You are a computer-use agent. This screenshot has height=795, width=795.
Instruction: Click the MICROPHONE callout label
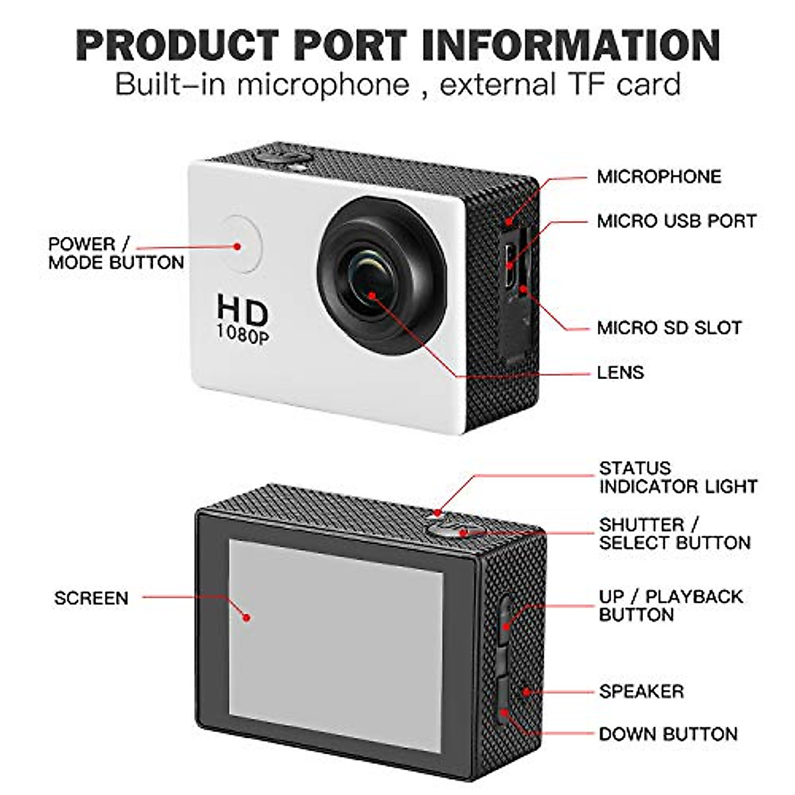coord(659,177)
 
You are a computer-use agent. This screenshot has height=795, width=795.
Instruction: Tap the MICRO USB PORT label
coord(676,221)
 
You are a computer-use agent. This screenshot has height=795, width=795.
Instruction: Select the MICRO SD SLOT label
coord(669,327)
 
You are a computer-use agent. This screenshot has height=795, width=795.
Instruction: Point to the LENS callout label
coord(620,372)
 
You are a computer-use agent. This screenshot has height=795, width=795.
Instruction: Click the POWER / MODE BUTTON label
coord(116,253)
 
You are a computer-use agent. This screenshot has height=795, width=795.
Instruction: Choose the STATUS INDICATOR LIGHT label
coord(678,477)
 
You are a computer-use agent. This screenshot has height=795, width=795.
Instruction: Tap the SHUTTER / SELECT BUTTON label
coord(674,534)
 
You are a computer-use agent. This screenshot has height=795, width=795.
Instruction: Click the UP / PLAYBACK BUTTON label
coord(670,606)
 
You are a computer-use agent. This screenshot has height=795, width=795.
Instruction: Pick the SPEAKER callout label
coord(641,692)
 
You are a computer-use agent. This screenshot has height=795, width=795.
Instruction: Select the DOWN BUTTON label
coord(668,734)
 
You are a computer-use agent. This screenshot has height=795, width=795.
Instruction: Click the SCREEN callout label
coord(91,598)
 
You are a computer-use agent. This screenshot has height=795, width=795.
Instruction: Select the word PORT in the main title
coord(350,45)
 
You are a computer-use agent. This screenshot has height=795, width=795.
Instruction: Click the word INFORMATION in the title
coord(570,45)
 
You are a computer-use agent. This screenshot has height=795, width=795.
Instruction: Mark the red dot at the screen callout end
coord(246,617)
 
